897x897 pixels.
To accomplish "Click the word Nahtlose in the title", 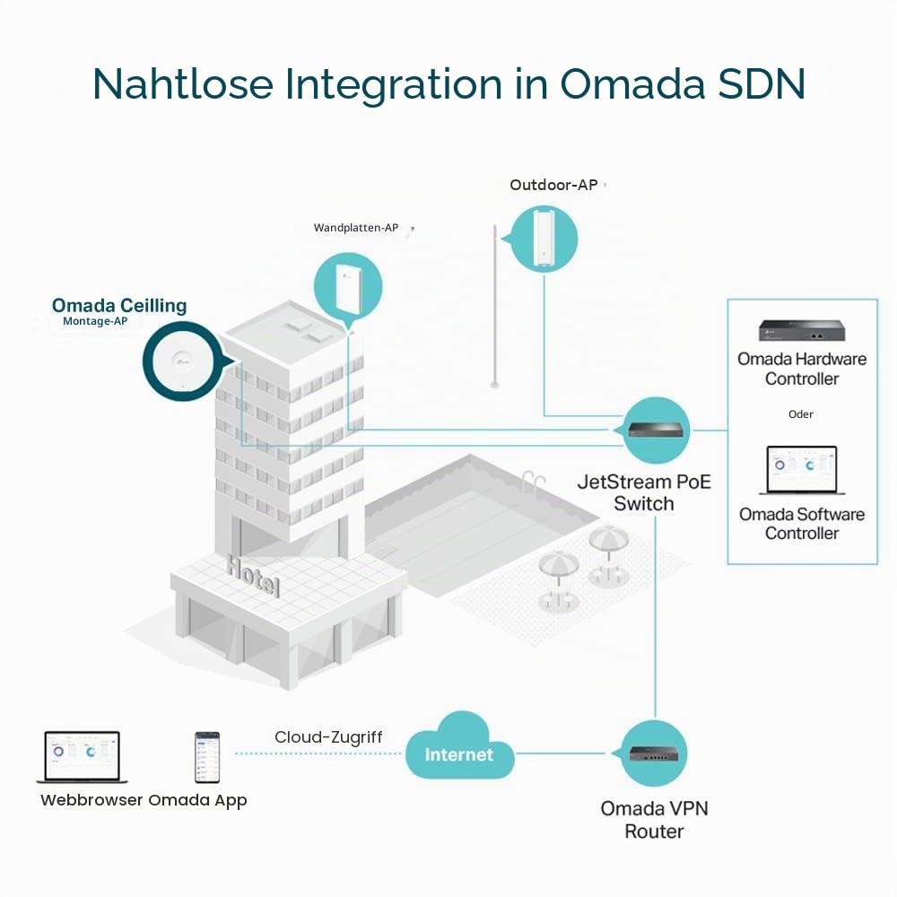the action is [183, 84].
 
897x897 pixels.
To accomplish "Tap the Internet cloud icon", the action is [459, 746].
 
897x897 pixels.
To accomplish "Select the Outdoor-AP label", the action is [553, 185].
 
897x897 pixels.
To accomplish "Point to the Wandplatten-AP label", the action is [356, 228].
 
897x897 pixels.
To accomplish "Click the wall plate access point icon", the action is [348, 286].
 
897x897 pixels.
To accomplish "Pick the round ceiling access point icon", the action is [182, 361].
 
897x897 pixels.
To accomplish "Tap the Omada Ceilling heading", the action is [119, 306].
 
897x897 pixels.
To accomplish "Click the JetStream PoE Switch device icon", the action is [656, 430].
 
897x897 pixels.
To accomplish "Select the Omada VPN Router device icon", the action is [654, 753].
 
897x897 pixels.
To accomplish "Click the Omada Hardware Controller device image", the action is [801, 331].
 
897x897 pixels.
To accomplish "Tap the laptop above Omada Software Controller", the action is [801, 470].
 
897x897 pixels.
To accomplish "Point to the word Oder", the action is [800, 414].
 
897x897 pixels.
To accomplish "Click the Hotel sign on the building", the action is [253, 576].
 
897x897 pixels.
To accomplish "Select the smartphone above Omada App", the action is [206, 757].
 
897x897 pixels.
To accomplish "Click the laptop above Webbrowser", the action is [82, 757].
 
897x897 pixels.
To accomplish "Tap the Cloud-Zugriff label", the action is [327, 737].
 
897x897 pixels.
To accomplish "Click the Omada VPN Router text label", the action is [654, 820].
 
